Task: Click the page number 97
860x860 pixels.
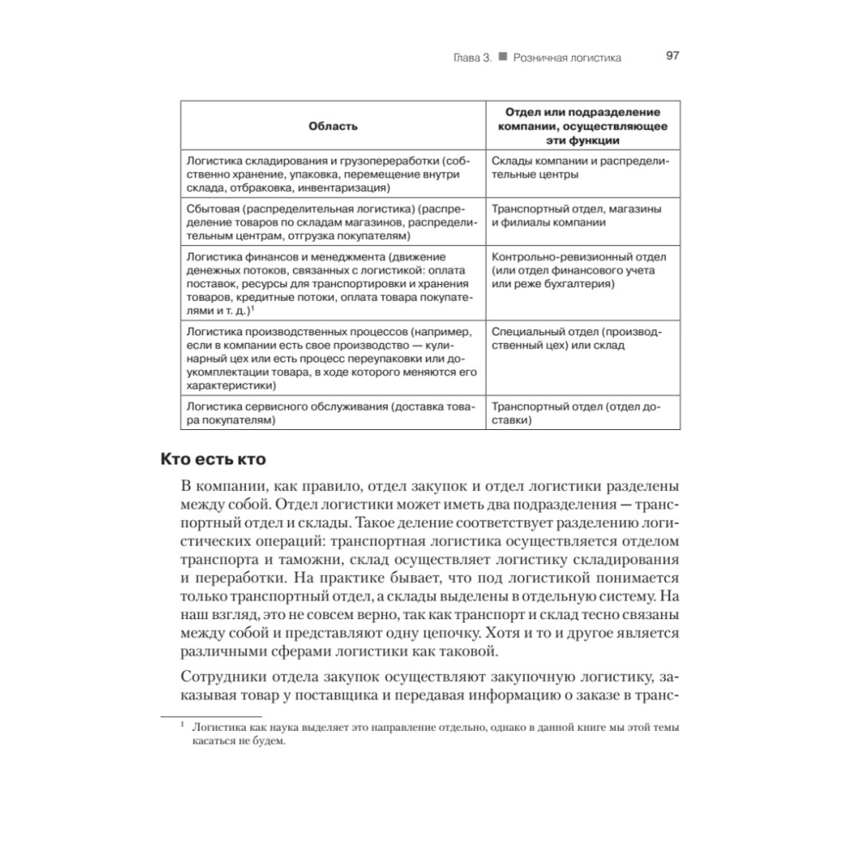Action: (673, 56)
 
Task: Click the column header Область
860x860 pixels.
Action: (332, 126)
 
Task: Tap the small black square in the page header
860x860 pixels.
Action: (502, 57)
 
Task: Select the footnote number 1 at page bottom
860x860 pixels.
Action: (182, 725)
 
